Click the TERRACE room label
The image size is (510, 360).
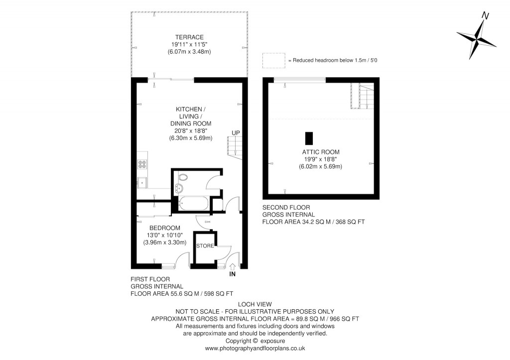(189, 37)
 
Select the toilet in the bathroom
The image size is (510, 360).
(183, 177)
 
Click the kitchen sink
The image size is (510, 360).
(142, 182)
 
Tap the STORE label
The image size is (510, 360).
(205, 246)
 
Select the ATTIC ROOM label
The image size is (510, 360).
(320, 152)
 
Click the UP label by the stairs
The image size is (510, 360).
(235, 133)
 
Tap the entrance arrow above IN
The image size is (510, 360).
(232, 266)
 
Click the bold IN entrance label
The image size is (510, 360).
(232, 274)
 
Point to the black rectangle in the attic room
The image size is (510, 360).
(310, 138)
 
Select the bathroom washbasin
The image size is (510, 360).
(178, 188)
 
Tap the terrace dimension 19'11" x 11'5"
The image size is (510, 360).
(189, 45)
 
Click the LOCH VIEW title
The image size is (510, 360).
(255, 304)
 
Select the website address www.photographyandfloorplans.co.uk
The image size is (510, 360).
(255, 349)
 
